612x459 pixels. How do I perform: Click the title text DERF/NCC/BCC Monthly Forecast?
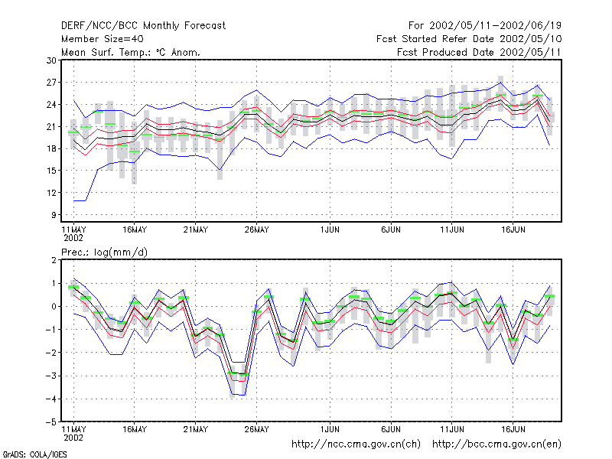pos(143,26)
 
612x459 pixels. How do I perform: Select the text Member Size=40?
pos(103,39)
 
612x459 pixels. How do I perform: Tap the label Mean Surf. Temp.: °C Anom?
pos(130,52)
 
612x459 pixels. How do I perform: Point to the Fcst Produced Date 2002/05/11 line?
pos(479,52)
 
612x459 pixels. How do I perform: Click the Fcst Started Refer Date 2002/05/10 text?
pos(469,39)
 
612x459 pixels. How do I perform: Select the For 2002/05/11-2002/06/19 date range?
pos(485,26)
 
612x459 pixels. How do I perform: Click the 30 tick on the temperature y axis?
pos(51,60)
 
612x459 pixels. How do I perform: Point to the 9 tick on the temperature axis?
pos(54,215)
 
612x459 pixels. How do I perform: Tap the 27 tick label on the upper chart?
pos(51,83)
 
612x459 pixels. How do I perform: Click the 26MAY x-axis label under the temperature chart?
pos(257,229)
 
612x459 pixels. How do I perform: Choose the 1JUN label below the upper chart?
pos(330,229)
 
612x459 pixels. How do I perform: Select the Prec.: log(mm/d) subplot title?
pos(104,252)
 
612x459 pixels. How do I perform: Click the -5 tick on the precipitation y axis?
pos(50,422)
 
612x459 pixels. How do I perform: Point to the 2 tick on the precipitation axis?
pos(54,260)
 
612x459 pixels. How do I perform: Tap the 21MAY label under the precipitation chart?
pos(196,429)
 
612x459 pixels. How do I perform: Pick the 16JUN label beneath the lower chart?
pos(513,429)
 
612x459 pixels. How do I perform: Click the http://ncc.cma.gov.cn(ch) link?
pos(356,444)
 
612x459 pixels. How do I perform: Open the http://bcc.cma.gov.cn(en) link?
pos(496,444)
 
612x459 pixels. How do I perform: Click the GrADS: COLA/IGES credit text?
pos(34,454)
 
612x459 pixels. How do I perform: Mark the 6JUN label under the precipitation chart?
pos(391,429)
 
